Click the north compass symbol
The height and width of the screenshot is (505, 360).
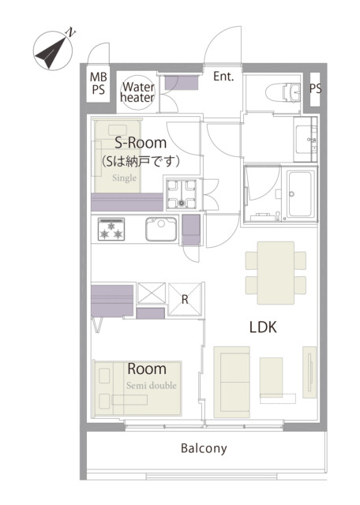click(52, 50)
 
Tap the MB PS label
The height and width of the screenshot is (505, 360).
click(99, 84)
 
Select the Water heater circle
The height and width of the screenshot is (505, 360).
click(137, 92)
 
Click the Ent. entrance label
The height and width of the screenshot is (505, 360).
click(223, 77)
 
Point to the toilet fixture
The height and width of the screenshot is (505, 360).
click(283, 92)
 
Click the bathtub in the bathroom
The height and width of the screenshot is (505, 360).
click(300, 194)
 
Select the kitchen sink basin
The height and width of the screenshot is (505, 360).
click(161, 230)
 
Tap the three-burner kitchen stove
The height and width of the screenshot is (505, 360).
click(111, 230)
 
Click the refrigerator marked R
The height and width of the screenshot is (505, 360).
click(185, 300)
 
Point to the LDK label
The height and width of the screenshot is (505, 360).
click(263, 327)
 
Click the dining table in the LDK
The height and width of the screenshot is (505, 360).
click(276, 273)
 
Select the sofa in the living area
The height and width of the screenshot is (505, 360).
click(232, 382)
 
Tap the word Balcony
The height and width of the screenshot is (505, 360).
click(204, 448)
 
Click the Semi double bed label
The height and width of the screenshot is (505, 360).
click(152, 386)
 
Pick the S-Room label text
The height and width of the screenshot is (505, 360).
click(141, 143)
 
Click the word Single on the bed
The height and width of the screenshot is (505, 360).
click(125, 178)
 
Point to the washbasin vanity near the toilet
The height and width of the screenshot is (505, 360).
click(306, 140)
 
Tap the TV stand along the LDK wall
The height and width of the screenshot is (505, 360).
click(309, 372)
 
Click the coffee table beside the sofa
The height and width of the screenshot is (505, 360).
click(272, 377)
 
